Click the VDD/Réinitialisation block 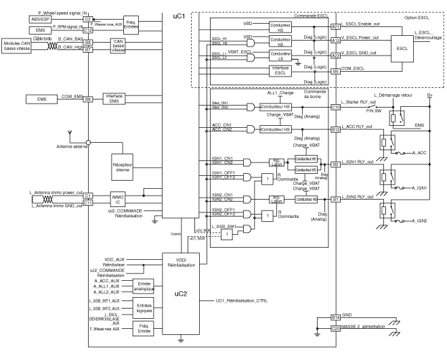[x=181, y=263]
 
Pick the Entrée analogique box [x=144, y=286]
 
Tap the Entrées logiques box [x=144, y=309]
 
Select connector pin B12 [x=335, y=129]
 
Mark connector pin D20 [x=335, y=328]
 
